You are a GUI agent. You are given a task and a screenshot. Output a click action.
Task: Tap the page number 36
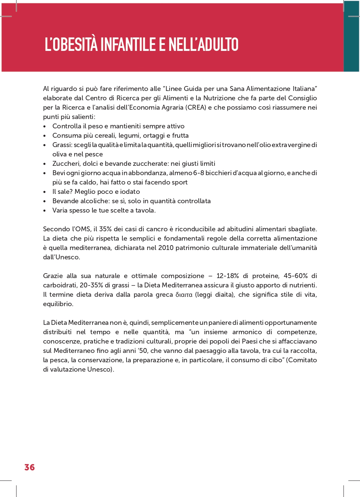tap(30, 467)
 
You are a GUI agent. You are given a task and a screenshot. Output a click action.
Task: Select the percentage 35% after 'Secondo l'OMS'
tap(106, 229)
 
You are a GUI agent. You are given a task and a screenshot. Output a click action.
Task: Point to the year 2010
tap(166, 248)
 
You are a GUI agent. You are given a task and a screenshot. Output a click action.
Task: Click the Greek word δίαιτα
tap(184, 295)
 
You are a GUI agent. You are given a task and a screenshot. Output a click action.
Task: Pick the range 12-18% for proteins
tap(228, 276)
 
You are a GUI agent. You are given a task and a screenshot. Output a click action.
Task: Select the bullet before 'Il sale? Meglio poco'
tap(45, 192)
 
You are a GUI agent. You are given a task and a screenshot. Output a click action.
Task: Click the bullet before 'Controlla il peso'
tap(45, 126)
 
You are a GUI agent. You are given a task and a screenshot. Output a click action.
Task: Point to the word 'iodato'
tap(130, 192)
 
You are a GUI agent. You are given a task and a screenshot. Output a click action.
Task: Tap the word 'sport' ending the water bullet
tap(179, 182)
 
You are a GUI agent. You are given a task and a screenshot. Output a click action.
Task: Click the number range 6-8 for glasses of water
tap(198, 173)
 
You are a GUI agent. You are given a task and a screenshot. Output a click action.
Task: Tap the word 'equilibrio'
tap(58, 304)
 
